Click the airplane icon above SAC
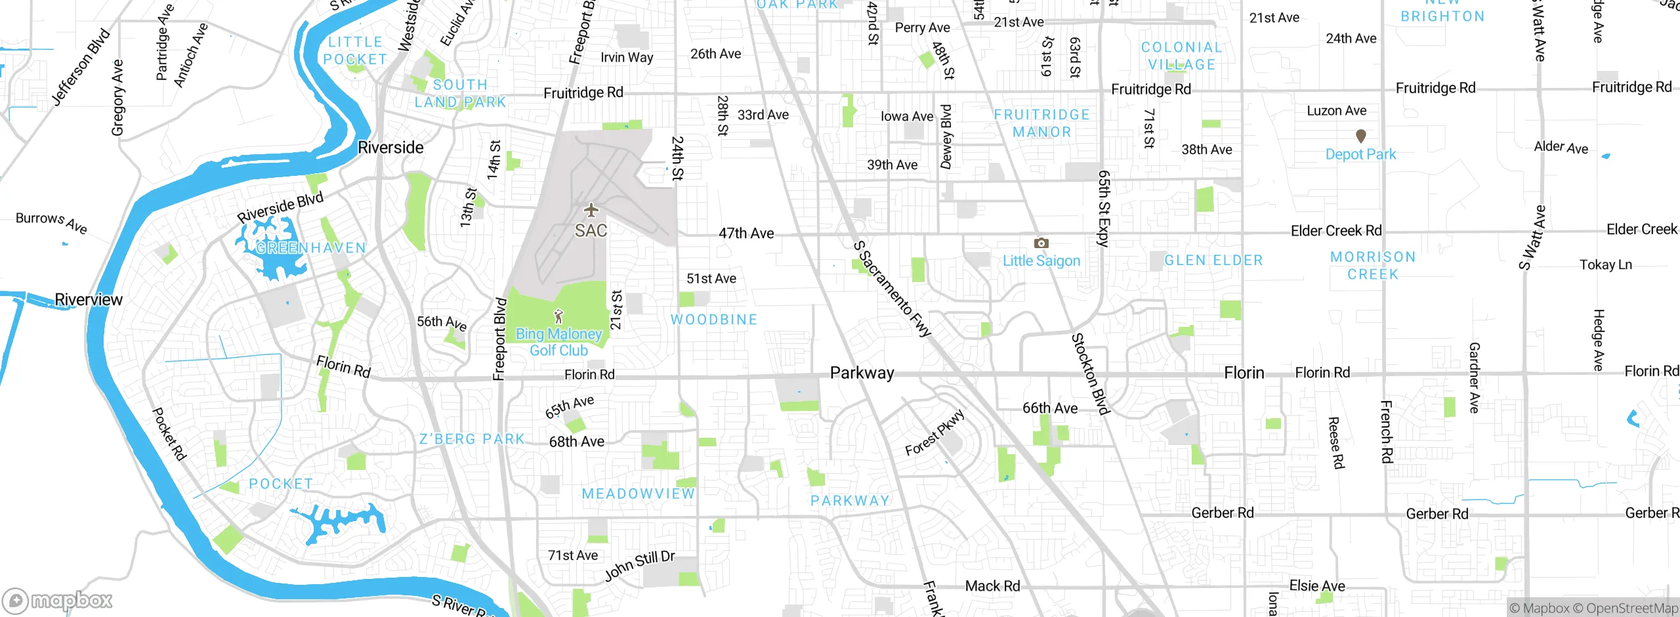(591, 210)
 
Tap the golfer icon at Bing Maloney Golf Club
(558, 317)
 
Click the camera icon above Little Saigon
(1041, 244)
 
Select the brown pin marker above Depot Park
(1361, 136)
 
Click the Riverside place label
(390, 148)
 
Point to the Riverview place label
(89, 300)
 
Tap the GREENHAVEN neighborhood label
(311, 248)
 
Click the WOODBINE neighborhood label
(714, 320)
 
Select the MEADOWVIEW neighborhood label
(638, 494)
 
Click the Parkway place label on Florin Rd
(862, 373)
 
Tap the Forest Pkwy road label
(934, 433)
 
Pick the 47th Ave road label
(746, 233)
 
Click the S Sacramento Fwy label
(892, 289)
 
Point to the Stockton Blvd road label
(1090, 374)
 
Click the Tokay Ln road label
(1605, 265)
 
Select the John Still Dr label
(639, 566)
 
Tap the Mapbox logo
(58, 600)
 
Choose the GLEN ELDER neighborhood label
(1213, 261)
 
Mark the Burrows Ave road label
(51, 222)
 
